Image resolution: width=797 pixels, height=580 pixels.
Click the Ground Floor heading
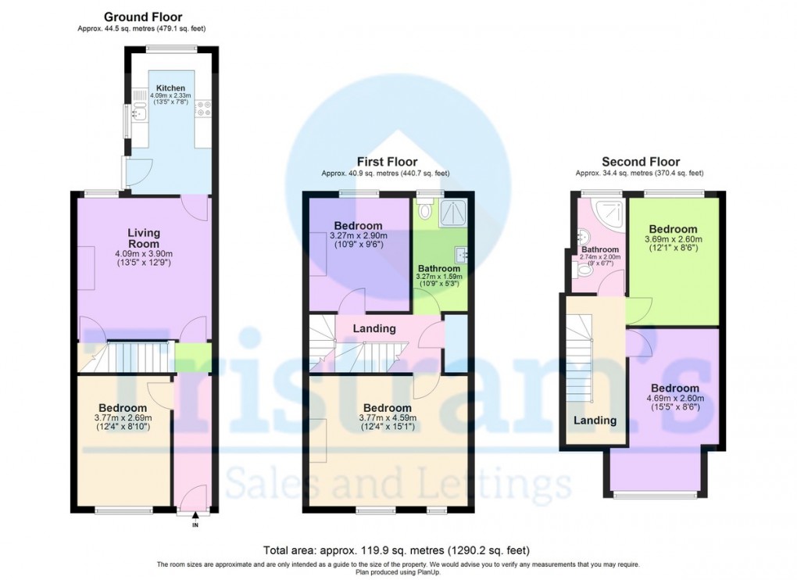point(143,16)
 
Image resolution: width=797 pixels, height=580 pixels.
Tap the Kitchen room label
point(170,88)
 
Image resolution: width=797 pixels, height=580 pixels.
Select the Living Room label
point(144,238)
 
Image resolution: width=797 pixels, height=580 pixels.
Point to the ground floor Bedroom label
point(123,408)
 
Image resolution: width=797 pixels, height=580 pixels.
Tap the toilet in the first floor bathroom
point(425,209)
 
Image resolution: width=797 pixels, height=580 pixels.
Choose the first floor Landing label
point(374,329)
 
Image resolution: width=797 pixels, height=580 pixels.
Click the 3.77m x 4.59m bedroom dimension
point(387,418)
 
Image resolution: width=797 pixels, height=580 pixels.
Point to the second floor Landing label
point(595,421)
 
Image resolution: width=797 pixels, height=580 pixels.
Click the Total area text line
point(398,550)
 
